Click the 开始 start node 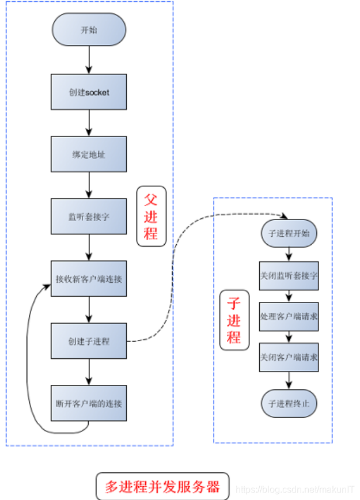click(x=89, y=29)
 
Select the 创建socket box click(x=89, y=92)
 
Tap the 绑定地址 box click(x=89, y=154)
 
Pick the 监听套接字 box click(x=89, y=217)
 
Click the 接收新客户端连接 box click(x=89, y=279)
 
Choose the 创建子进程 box click(x=89, y=341)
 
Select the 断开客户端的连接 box click(x=89, y=403)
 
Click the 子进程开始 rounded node click(x=289, y=234)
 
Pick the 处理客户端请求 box click(x=289, y=316)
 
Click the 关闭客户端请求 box click(x=289, y=357)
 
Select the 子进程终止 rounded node click(x=289, y=403)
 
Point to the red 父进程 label click(x=151, y=217)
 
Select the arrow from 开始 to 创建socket click(x=89, y=60)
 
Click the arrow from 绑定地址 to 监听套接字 click(x=89, y=185)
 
